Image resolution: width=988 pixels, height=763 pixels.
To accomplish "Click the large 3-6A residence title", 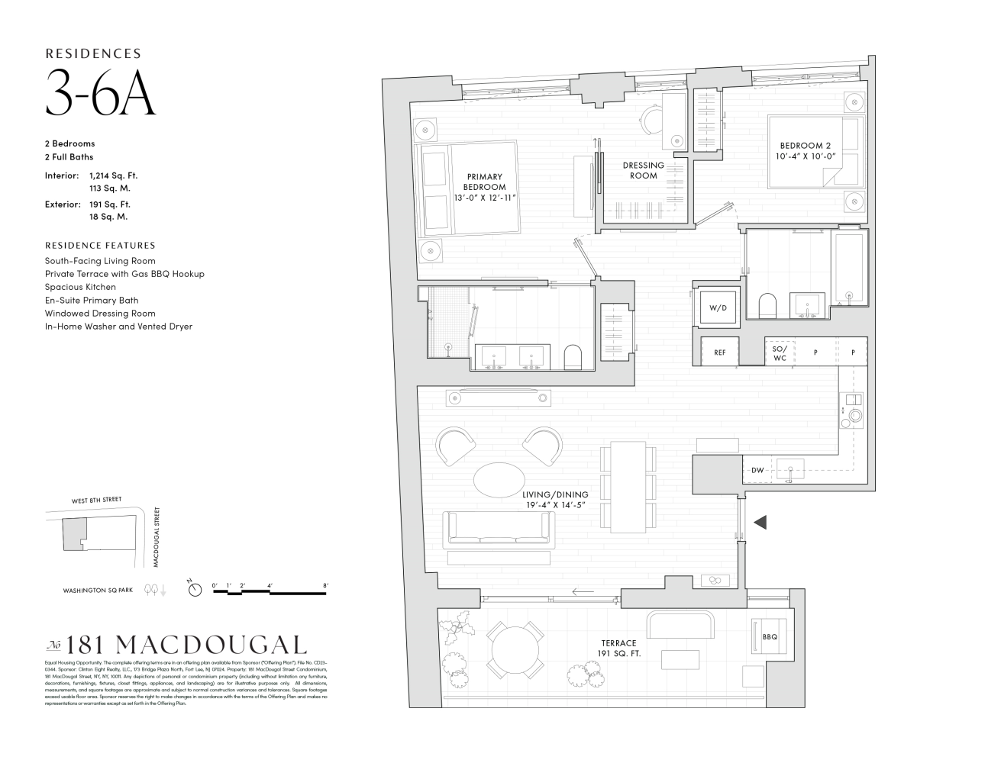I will [x=100, y=92].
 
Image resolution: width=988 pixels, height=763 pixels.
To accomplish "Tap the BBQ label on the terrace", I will [x=769, y=636].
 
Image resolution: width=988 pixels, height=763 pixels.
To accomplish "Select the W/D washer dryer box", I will [x=718, y=308].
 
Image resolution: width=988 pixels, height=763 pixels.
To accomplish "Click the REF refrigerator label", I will [x=719, y=353].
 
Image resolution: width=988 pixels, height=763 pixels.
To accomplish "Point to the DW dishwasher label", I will [x=757, y=471].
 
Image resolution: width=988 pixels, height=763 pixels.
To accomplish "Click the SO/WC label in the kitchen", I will [x=780, y=353].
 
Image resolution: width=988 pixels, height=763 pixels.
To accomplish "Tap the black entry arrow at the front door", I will [x=760, y=523].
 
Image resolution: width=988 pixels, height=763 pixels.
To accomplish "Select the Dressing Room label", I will [x=643, y=170].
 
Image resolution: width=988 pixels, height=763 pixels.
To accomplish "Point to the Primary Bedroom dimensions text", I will [x=485, y=198].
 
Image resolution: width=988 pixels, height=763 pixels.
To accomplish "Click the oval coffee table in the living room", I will [x=499, y=480].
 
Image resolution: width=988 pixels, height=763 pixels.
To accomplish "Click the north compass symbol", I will [x=195, y=588].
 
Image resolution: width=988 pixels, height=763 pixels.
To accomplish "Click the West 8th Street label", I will [x=96, y=500].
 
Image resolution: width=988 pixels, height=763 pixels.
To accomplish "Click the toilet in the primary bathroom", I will [x=573, y=357].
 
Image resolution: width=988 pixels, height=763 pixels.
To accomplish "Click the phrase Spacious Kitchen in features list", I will [x=80, y=287].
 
